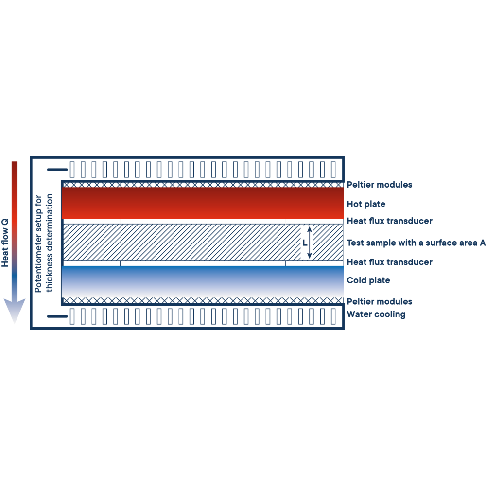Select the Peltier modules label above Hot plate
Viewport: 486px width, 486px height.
pos(380,185)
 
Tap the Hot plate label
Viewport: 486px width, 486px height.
pos(366,204)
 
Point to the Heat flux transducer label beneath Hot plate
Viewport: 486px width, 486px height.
pos(389,221)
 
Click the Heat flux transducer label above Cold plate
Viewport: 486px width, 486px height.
pos(389,262)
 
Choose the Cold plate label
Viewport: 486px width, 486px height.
pos(368,280)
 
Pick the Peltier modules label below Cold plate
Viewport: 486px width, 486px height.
pos(380,301)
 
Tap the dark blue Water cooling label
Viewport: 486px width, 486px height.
pos(376,314)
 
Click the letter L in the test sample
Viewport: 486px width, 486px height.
pos(305,242)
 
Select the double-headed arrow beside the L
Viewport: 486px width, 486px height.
pos(311,242)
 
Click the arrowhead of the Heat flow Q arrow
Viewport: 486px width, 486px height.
pos(15,311)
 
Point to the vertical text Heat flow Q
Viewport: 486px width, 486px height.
pos(5,242)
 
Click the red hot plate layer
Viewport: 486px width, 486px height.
pos(203,203)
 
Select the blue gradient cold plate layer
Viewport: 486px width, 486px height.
pos(203,281)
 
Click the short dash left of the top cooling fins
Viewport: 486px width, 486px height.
pos(57,170)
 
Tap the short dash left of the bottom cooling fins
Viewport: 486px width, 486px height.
pos(57,317)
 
